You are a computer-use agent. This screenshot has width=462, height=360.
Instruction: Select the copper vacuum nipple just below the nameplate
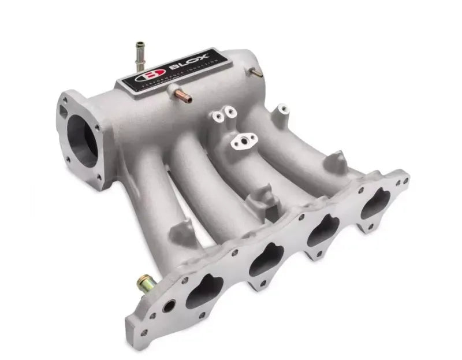point(176,89)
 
